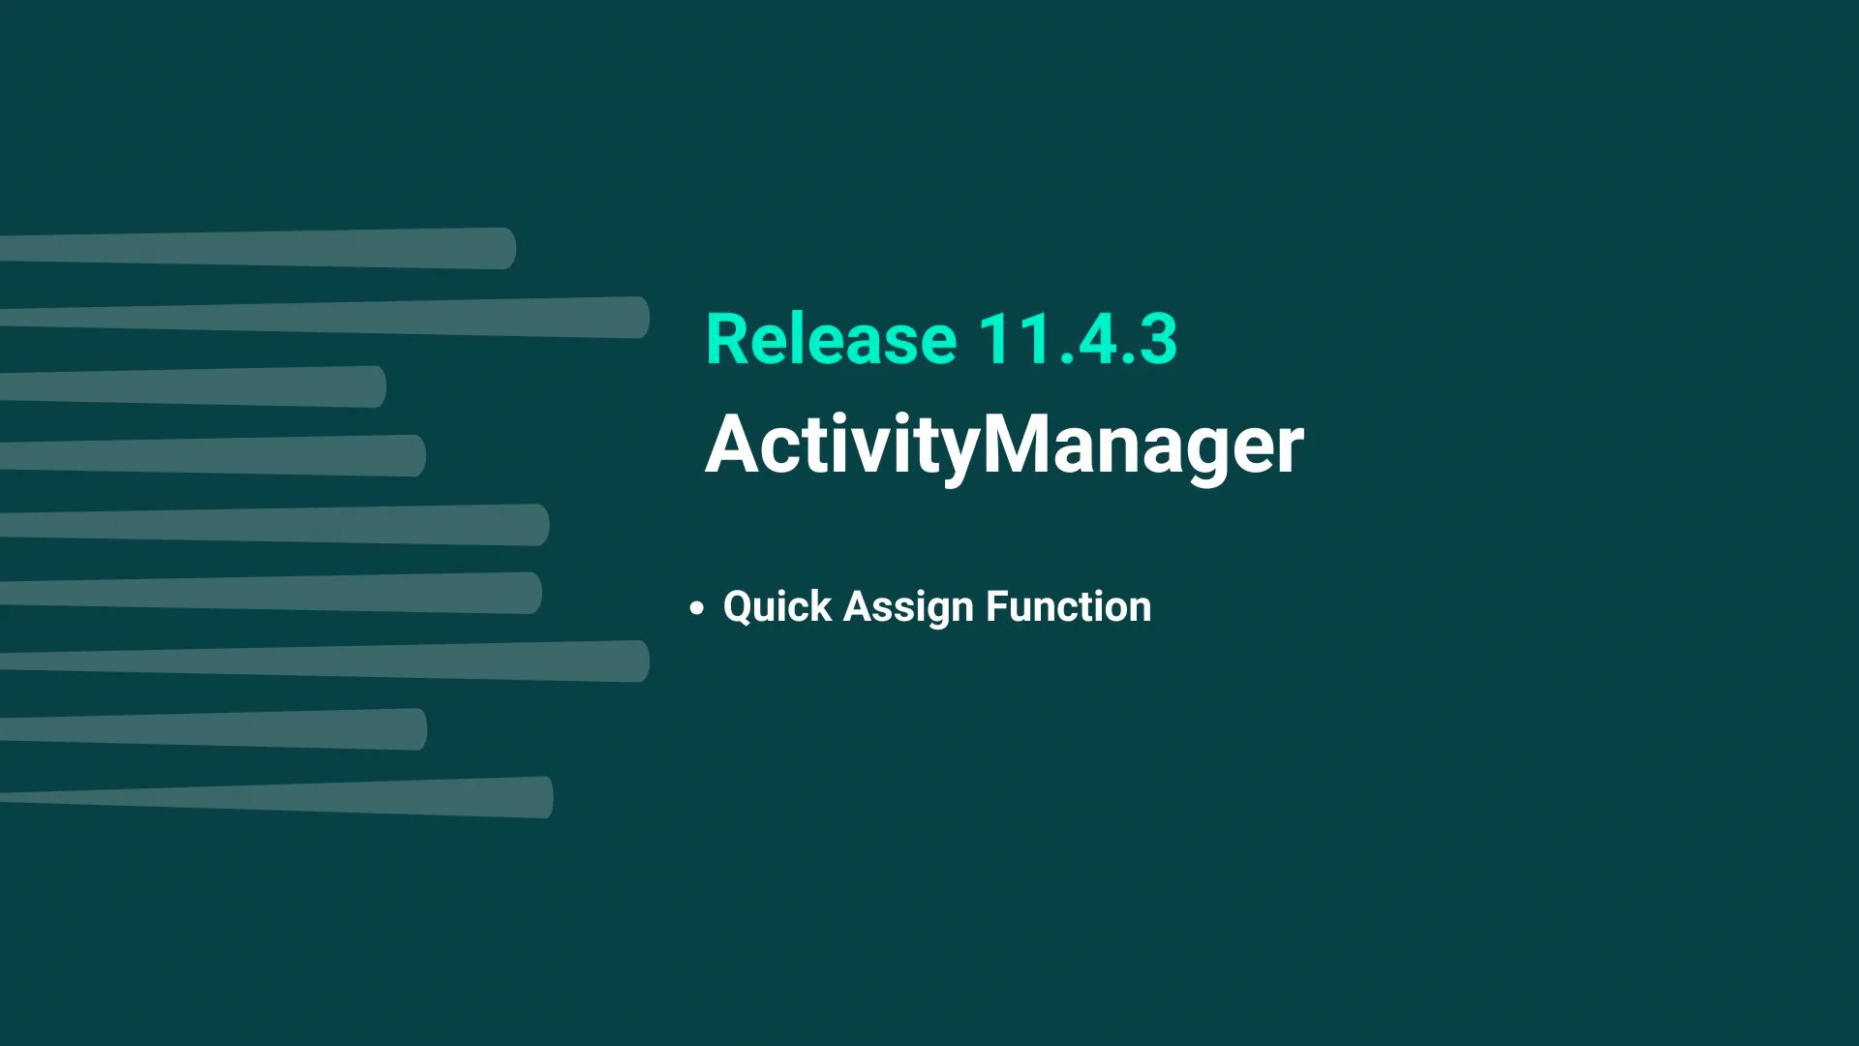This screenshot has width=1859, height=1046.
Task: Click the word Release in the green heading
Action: (x=831, y=339)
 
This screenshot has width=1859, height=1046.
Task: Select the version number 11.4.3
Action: (x=1077, y=339)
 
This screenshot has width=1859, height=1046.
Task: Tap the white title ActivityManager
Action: (x=1004, y=445)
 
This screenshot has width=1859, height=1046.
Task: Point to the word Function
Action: (x=1068, y=607)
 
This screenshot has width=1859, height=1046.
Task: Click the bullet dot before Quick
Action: (x=696, y=608)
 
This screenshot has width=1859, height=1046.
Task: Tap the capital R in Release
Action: (x=726, y=339)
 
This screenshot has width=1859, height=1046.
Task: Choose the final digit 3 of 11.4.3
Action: (x=1157, y=339)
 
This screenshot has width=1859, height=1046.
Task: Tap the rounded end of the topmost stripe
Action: (x=503, y=248)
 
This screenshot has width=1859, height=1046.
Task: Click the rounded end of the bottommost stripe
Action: (x=542, y=797)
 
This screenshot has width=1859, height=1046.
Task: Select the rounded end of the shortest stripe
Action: (x=374, y=386)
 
